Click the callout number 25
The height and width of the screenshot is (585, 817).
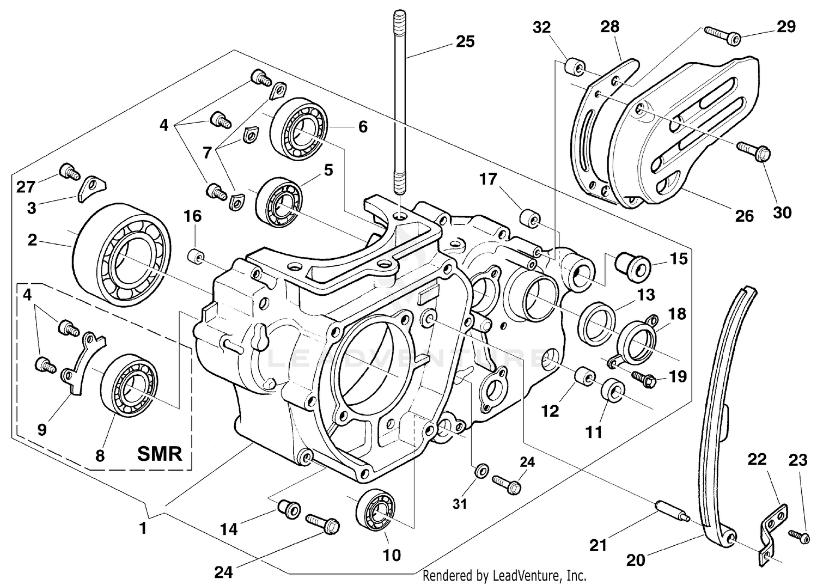[x=465, y=41]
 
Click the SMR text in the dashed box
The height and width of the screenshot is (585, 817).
[x=160, y=453]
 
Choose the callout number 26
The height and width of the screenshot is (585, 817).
[x=744, y=216]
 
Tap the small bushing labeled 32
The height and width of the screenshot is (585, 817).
[x=573, y=68]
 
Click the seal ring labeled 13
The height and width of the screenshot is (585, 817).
[x=599, y=322]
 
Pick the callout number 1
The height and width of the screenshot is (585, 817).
[x=143, y=528]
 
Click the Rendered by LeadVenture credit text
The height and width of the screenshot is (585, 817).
[x=504, y=575]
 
